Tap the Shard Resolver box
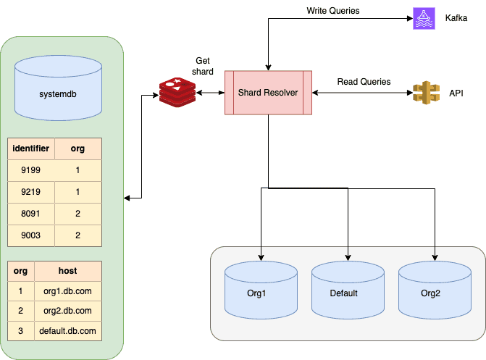coord(268,93)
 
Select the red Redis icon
coord(177,92)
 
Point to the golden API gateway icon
coord(423,93)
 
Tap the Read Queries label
coord(364,82)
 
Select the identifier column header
coord(31,149)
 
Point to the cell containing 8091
coord(31,215)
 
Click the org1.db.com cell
coord(67,291)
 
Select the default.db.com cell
coord(67,330)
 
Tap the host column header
coord(67,271)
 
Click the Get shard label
coord(204,66)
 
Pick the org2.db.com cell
coord(67,311)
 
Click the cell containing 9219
coord(31,193)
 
